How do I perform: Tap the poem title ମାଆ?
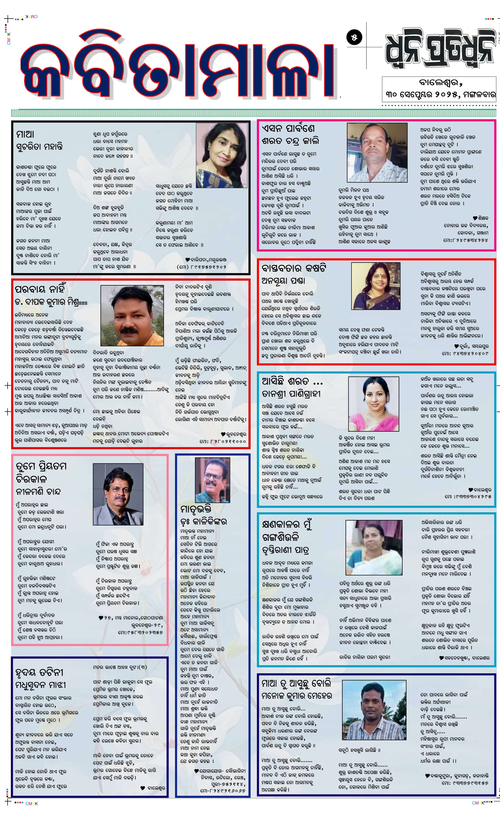25,134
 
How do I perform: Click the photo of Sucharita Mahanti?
222,155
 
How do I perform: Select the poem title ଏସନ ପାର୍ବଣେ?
288,128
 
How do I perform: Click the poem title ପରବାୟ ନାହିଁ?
40,289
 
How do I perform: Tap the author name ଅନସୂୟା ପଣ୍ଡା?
283,281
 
